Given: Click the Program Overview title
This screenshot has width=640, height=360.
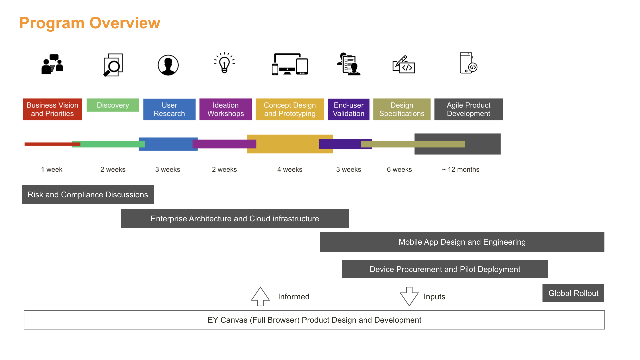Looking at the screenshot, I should tap(90, 23).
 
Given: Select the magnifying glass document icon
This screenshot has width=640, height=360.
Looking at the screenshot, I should tap(113, 65).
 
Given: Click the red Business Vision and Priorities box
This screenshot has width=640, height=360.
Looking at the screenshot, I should tap(52, 109).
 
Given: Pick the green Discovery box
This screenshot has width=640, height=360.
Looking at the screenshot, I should tap(113, 105).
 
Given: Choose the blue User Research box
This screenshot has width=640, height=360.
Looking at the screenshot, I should tap(169, 109).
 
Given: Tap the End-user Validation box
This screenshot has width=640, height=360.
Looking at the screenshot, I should tap(348, 109).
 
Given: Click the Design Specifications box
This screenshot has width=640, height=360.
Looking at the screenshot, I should tap(402, 109).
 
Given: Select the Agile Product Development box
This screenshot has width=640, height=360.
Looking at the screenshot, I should tap(468, 109).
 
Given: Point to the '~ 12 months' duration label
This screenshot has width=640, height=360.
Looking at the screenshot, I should tap(460, 169).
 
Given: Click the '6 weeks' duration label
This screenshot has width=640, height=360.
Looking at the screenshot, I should tap(399, 169).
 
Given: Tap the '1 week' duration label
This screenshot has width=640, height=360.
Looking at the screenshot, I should tap(52, 169).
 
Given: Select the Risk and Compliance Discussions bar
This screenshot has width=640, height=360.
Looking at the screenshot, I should tap(88, 195).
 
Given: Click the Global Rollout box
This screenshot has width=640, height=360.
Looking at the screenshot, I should tap(573, 293).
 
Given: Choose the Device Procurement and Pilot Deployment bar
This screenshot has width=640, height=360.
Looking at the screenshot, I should tap(445, 269).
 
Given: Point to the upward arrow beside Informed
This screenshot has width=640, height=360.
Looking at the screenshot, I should tap(260, 296).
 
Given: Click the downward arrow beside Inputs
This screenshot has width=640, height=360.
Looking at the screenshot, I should tap(409, 296).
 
